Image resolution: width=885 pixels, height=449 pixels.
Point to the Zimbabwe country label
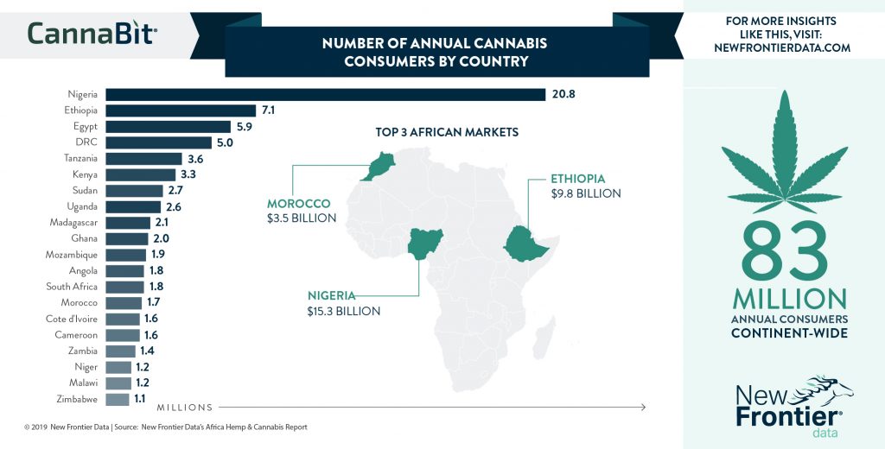[78, 400]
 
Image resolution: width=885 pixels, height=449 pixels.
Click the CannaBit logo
[92, 33]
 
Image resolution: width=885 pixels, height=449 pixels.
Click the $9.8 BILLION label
[586, 193]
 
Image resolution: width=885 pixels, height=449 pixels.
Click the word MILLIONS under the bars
[184, 407]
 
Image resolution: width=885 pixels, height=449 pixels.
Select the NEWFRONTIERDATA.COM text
[782, 48]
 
